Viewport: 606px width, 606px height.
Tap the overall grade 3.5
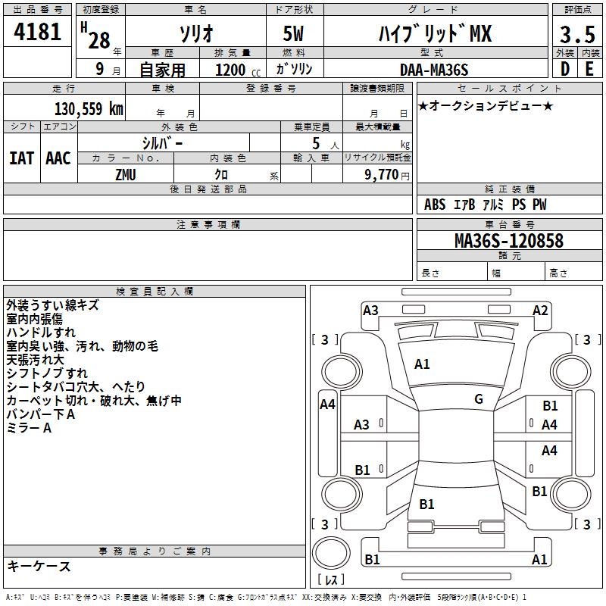576,34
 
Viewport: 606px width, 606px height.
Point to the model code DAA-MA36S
434,70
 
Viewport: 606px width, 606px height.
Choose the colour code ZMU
126,175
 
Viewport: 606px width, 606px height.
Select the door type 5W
295,35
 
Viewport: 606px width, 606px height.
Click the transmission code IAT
21,158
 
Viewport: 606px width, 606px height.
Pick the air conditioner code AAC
58,158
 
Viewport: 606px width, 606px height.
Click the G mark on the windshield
479,399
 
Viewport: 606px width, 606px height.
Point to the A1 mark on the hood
422,364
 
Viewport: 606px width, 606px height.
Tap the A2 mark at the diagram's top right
539,311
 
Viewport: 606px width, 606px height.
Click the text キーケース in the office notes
39,567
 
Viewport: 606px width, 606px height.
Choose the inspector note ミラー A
29,429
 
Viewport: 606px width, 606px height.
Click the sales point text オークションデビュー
485,105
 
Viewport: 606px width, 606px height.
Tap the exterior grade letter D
565,70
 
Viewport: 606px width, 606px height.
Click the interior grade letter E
589,70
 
